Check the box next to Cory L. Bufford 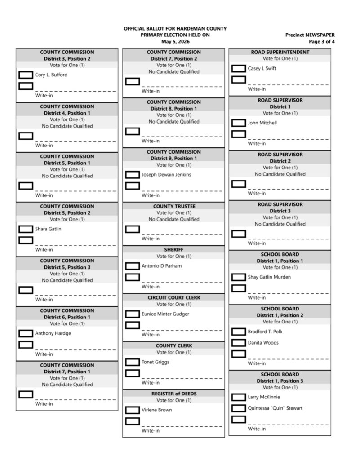[x=26, y=75]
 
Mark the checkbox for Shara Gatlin [x=26, y=229]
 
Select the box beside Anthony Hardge [x=26, y=333]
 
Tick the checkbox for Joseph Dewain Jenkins [x=132, y=175]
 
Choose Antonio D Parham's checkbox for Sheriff [x=132, y=266]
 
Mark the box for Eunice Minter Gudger [x=132, y=314]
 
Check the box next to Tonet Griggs [x=132, y=362]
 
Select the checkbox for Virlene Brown [x=132, y=410]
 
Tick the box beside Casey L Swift [x=239, y=69]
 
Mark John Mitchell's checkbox [x=239, y=123]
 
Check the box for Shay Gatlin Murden [x=239, y=277]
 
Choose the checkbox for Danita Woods [x=239, y=343]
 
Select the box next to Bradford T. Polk [x=239, y=332]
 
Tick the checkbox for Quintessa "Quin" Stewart [x=239, y=408]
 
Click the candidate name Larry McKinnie [x=263, y=397]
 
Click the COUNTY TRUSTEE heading [x=173, y=206]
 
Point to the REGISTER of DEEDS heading [x=173, y=394]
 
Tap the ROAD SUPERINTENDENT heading [x=280, y=52]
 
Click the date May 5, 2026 [x=175, y=42]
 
